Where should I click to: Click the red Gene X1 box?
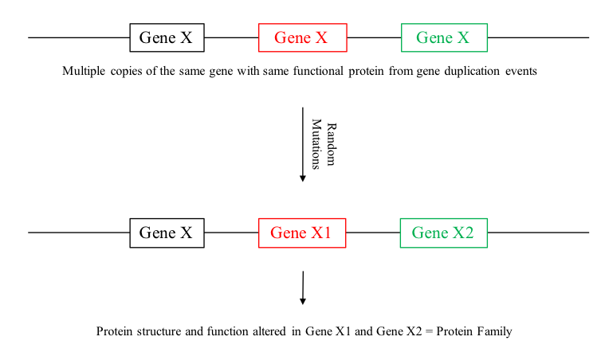[x=301, y=233]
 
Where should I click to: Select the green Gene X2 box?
[x=443, y=233]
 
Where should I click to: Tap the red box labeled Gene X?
[x=302, y=37]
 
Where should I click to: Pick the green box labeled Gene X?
[x=444, y=37]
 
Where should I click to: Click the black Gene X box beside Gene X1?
[x=167, y=233]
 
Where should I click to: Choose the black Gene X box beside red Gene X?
[x=167, y=37]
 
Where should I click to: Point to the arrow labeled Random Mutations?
[x=303, y=143]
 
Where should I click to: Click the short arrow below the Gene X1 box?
[x=303, y=288]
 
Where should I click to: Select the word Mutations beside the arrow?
[x=316, y=144]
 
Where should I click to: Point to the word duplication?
[x=470, y=71]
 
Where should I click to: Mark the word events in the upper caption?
[x=521, y=71]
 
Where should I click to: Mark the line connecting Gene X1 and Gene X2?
[x=373, y=233]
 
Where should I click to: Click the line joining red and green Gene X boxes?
[x=374, y=37]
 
